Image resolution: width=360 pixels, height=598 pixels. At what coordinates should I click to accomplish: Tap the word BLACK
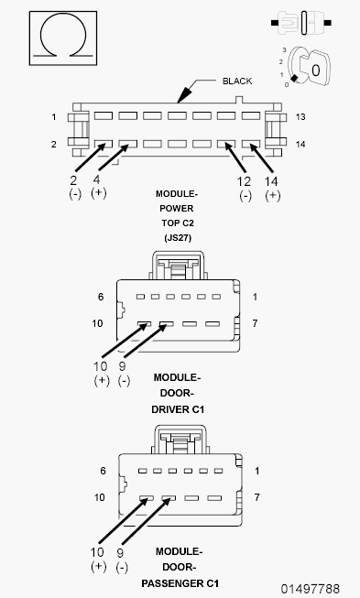(x=237, y=82)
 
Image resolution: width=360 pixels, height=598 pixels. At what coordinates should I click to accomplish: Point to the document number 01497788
(x=310, y=589)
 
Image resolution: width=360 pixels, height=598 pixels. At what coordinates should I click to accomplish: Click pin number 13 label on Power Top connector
(x=300, y=117)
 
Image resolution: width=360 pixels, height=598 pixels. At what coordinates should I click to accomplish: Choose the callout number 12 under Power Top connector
(x=244, y=181)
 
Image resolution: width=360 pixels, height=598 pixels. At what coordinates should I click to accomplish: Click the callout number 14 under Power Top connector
(x=271, y=181)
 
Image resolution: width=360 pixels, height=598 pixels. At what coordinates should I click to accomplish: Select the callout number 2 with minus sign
(x=73, y=179)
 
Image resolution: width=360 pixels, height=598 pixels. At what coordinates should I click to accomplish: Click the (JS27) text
(x=178, y=237)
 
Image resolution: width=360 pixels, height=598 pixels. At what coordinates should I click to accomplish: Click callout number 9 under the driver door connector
(x=122, y=366)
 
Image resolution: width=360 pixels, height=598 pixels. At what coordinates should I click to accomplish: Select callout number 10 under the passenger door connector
(x=97, y=552)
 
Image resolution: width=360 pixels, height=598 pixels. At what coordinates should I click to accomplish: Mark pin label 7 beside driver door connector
(x=256, y=323)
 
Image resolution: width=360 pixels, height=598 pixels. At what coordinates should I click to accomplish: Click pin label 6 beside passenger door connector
(x=103, y=471)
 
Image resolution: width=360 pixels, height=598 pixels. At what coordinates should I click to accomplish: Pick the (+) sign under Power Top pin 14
(x=272, y=195)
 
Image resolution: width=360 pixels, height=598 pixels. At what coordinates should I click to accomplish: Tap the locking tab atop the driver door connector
(x=178, y=265)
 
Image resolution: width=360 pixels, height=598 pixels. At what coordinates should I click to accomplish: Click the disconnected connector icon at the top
(x=300, y=23)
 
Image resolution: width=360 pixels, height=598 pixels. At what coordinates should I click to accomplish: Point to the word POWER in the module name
(x=177, y=209)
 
